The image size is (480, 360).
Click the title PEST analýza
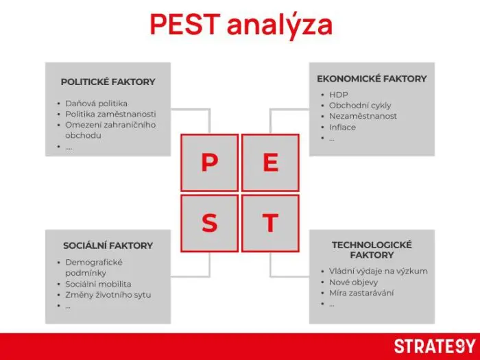241,25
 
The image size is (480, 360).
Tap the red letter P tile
209,163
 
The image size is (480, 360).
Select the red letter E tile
270,163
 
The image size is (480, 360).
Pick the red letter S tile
209,223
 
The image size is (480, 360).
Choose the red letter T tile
270,223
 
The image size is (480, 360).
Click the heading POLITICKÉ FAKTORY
108,82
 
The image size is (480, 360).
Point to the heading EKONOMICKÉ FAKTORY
371,79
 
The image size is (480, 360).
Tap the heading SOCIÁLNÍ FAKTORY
108,245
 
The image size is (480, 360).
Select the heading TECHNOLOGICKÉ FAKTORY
371,250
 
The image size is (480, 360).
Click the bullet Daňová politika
96,104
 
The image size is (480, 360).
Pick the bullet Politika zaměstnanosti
110,114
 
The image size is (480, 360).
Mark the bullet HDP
338,95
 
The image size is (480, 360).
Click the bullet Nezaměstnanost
362,117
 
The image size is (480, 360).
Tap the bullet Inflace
342,128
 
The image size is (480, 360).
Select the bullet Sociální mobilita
98,284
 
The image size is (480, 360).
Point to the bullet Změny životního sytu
108,295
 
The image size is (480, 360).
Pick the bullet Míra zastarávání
361,293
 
